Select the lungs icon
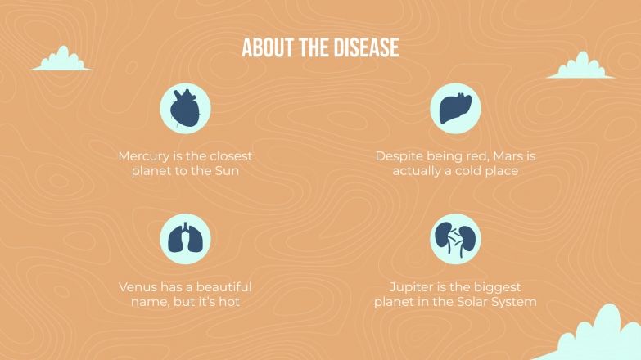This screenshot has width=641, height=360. coord(185,239)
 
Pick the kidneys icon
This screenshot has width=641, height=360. coord(455,239)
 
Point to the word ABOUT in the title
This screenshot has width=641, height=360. coord(269,48)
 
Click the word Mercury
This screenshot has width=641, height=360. coord(144,156)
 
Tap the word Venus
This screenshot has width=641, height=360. coord(138,287)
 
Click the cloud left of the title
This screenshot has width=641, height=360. coord(61,60)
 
